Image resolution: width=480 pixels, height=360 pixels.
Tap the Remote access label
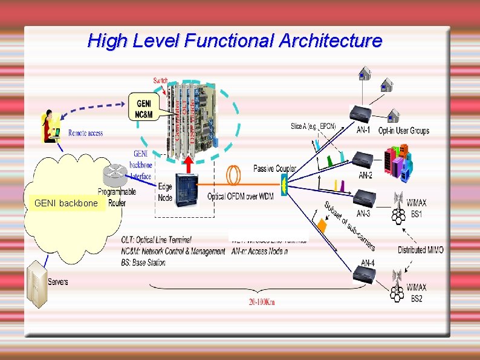[85, 133]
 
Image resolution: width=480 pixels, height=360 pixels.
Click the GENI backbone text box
[66, 203]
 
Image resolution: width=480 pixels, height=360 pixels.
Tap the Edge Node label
[165, 192]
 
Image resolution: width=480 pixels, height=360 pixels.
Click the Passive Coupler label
[275, 168]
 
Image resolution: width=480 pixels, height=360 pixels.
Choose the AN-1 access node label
[363, 130]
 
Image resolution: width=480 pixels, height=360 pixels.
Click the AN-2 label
[365, 175]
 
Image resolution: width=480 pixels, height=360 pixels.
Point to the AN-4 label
[368, 263]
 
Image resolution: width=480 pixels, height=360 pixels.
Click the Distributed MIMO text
[420, 250]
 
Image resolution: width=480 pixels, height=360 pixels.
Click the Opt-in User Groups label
[403, 131]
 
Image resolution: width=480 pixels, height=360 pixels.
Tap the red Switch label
[161, 80]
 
